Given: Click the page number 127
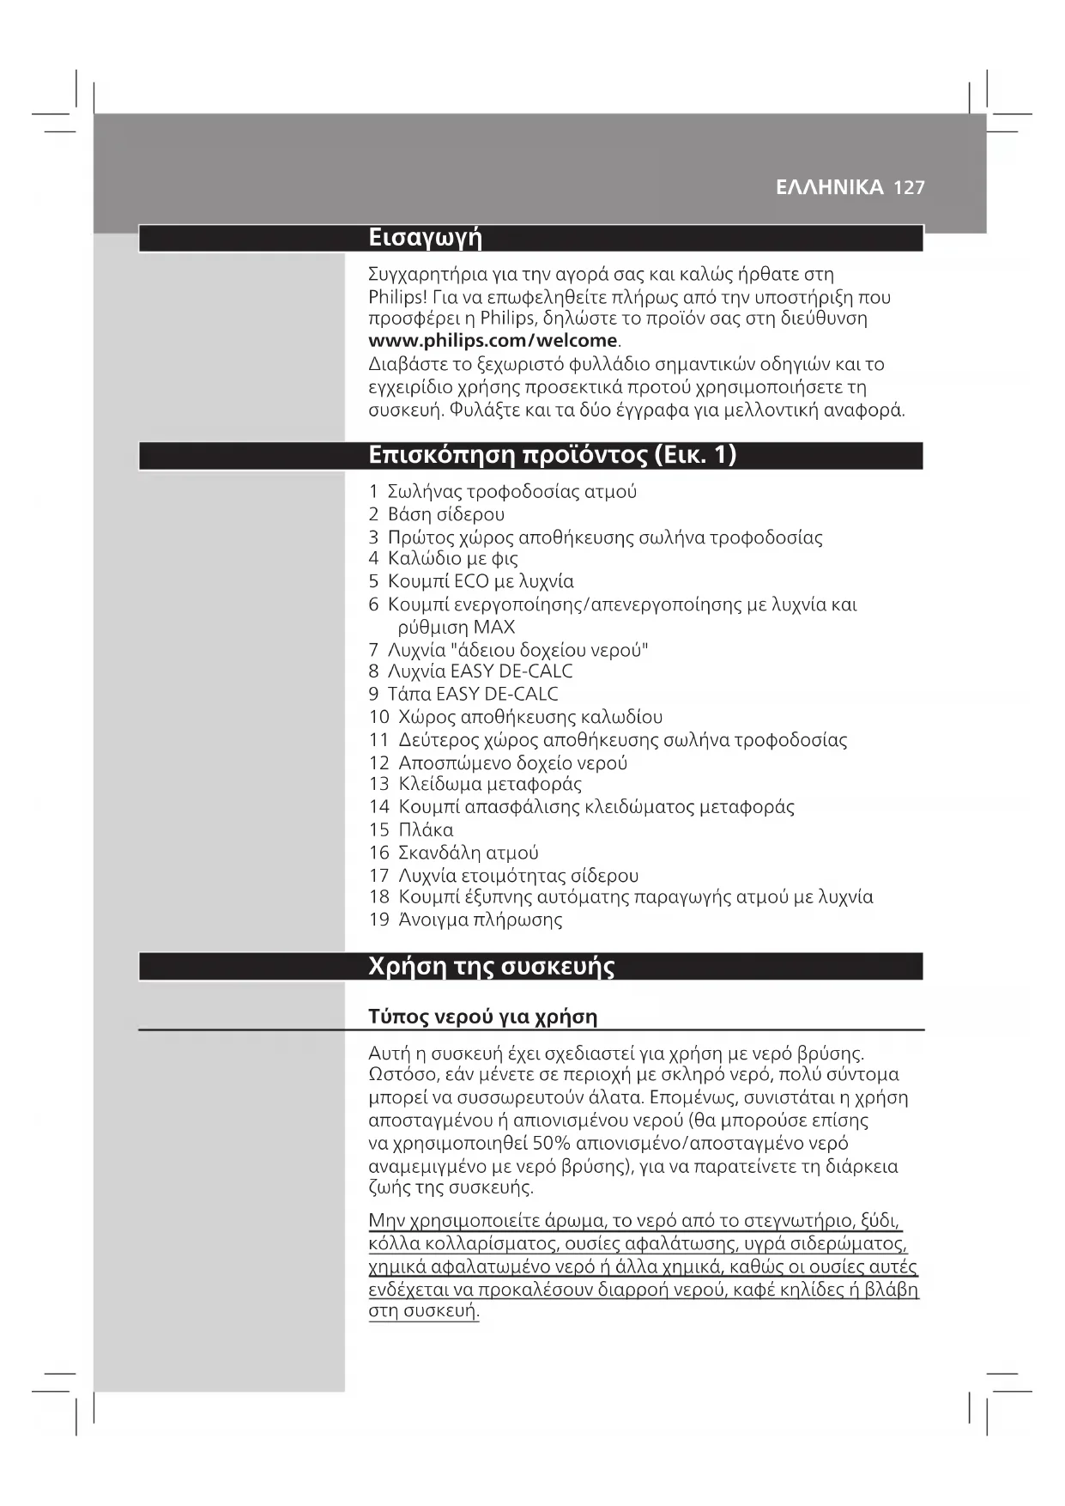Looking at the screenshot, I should click(x=909, y=188).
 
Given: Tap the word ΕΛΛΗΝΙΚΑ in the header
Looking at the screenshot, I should click(x=829, y=188).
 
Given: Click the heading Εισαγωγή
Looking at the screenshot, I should click(x=425, y=238).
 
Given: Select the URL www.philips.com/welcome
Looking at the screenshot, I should click(x=493, y=341).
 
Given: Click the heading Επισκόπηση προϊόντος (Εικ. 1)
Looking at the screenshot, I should click(x=552, y=455).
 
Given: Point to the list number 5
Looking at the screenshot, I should click(x=373, y=582).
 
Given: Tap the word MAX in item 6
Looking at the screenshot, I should click(x=493, y=628).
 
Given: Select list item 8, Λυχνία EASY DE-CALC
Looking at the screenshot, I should click(x=480, y=671).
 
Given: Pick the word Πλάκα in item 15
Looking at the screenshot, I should click(x=426, y=830).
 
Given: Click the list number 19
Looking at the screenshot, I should click(x=378, y=920).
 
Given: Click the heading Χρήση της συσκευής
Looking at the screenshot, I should click(x=491, y=967).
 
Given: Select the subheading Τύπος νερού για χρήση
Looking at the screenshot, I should click(x=482, y=1017).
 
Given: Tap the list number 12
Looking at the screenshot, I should click(x=378, y=763).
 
